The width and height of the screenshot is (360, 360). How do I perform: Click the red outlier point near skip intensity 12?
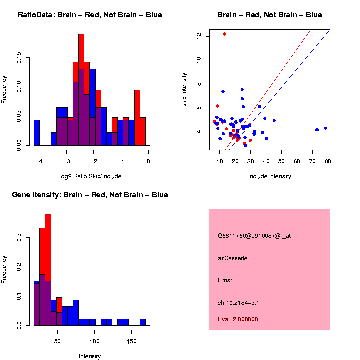click(x=224, y=34)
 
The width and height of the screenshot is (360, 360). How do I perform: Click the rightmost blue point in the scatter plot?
click(x=325, y=128)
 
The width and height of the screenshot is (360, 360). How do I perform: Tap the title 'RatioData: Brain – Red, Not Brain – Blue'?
click(x=90, y=15)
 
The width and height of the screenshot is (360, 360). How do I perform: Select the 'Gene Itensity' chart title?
click(x=90, y=195)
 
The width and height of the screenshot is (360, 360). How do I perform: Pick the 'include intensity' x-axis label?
click(x=270, y=176)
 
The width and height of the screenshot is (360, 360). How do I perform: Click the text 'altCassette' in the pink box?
click(x=233, y=258)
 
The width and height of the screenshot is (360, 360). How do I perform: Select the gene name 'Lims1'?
click(x=225, y=280)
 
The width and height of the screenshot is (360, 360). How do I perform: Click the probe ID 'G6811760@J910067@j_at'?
click(x=254, y=236)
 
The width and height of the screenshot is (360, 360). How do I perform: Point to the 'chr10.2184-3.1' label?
click(x=238, y=303)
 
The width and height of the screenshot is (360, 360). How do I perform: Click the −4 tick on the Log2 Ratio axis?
click(x=38, y=161)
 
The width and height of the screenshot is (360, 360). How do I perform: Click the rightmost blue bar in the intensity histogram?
click(x=143, y=322)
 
